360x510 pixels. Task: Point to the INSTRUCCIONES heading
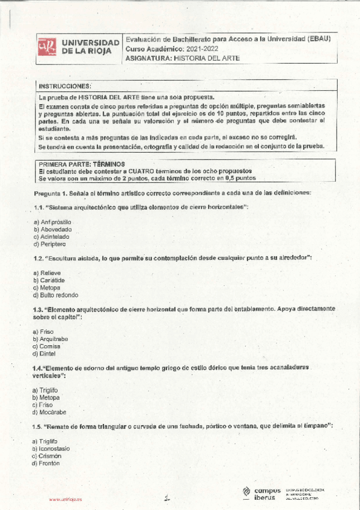click(65, 87)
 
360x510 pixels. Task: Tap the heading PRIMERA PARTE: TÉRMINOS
click(82, 164)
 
